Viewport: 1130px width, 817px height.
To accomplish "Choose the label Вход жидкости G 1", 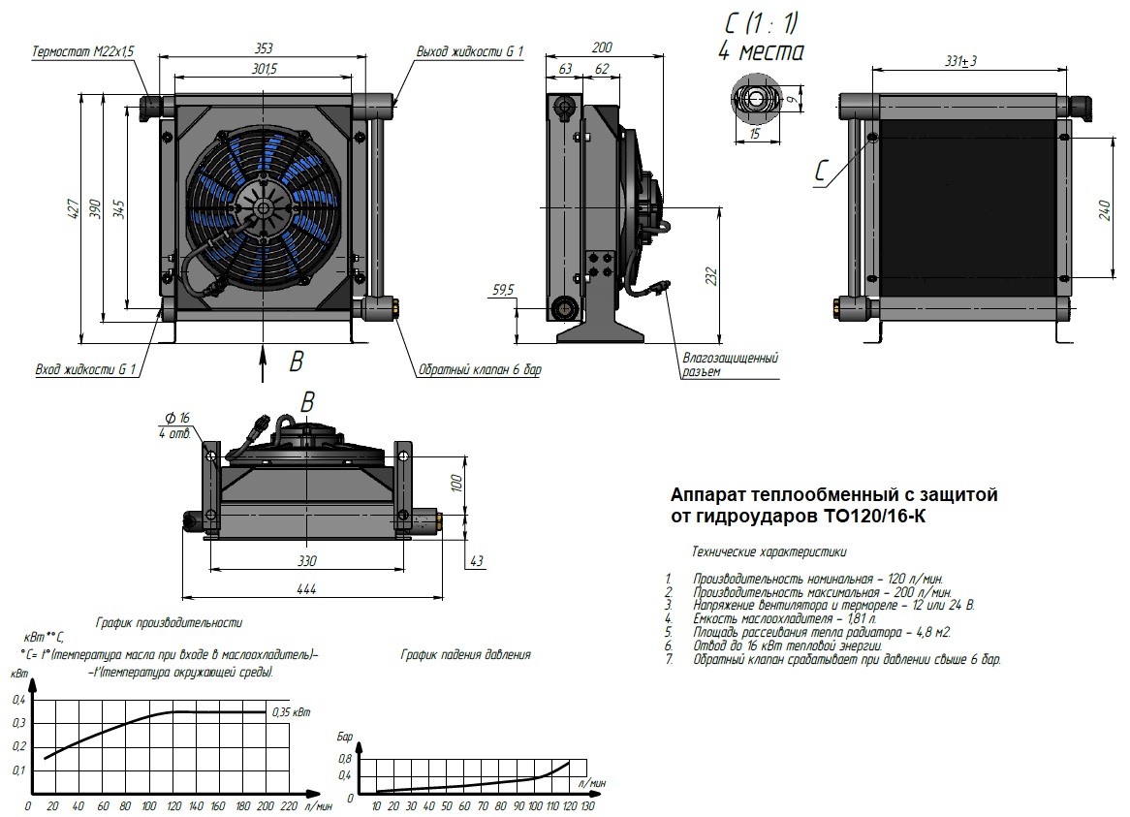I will (85, 369).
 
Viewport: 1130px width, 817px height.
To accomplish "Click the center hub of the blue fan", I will (260, 205).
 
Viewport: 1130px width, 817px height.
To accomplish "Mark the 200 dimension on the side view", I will (601, 47).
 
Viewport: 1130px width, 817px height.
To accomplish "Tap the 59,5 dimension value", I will (503, 289).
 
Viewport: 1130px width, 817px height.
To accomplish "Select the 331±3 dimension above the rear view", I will (961, 61).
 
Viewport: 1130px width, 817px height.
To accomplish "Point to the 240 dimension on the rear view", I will (1104, 209).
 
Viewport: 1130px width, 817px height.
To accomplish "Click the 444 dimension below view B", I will (307, 588).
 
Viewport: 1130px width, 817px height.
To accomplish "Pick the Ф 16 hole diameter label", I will (177, 417).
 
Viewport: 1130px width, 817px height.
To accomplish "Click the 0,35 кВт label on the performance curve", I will (293, 712).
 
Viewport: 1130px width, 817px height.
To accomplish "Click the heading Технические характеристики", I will (769, 552).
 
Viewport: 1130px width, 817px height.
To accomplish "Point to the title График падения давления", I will (465, 655).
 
